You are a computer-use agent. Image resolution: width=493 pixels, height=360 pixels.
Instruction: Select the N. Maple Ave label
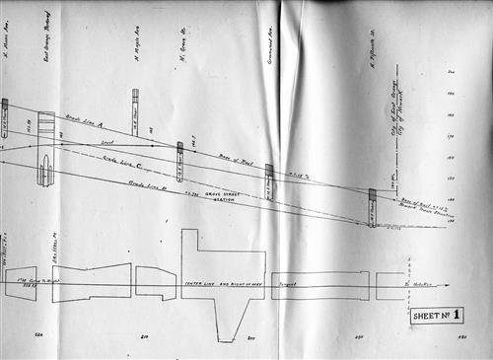click(x=135, y=44)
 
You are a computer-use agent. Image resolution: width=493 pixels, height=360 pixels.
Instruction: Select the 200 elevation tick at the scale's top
click(x=450, y=72)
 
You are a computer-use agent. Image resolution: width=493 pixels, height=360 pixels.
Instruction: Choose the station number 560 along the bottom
click(x=38, y=336)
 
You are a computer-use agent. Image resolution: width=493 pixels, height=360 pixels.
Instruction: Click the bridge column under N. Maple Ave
click(x=135, y=108)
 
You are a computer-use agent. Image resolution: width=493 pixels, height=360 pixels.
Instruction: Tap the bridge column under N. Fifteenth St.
click(x=372, y=207)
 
